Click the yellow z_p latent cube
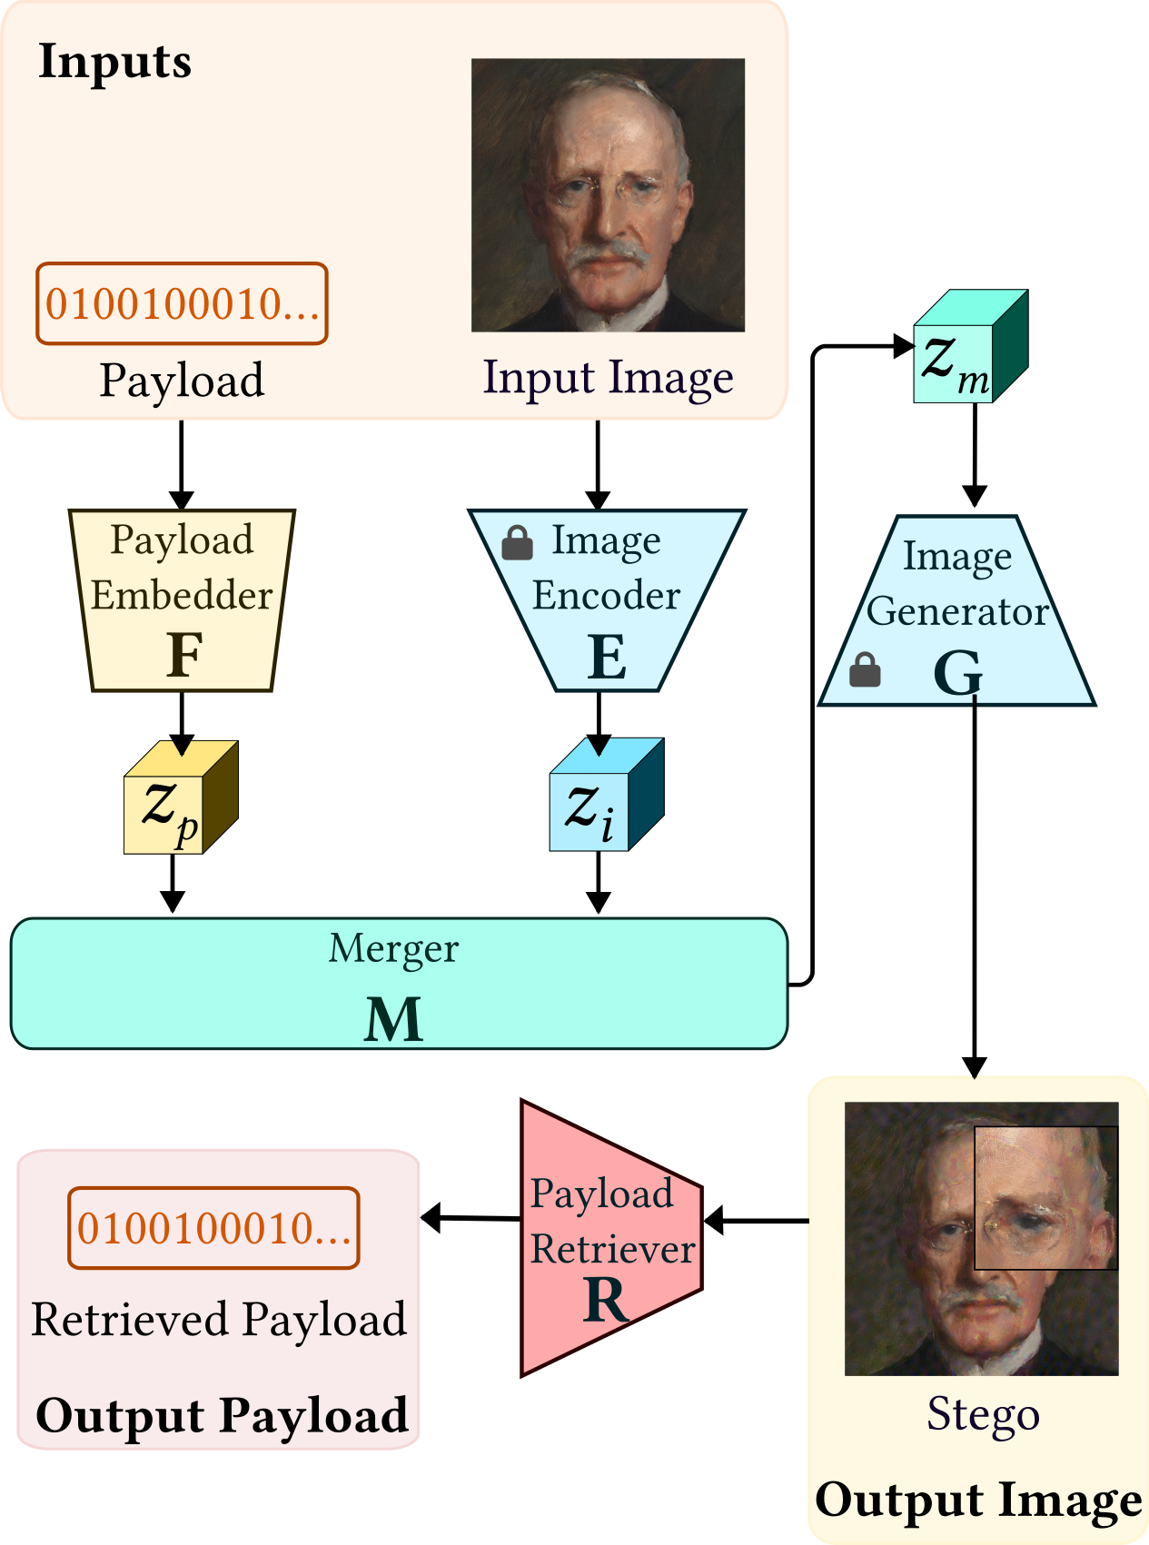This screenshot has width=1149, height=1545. (x=180, y=799)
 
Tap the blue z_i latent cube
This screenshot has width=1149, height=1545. (x=605, y=797)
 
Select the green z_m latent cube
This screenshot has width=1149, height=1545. (x=969, y=349)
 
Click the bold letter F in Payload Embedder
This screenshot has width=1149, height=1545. (x=184, y=655)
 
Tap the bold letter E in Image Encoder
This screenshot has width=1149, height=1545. (x=607, y=657)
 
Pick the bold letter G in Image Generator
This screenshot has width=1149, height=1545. (x=957, y=673)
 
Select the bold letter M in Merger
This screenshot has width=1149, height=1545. (x=393, y=1019)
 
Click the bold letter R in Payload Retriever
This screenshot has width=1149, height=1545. (x=606, y=1300)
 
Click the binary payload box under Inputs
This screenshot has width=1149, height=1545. (x=182, y=304)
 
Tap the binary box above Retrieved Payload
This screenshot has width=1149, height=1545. (x=213, y=1228)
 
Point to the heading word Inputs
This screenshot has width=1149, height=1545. (x=115, y=62)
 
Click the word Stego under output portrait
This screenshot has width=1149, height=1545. (x=983, y=1414)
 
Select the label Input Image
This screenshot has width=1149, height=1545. (x=608, y=377)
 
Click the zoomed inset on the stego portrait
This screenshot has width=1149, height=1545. (x=1045, y=1198)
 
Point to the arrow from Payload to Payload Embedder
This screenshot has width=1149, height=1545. (x=182, y=463)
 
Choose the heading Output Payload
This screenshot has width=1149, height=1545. (x=222, y=1415)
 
